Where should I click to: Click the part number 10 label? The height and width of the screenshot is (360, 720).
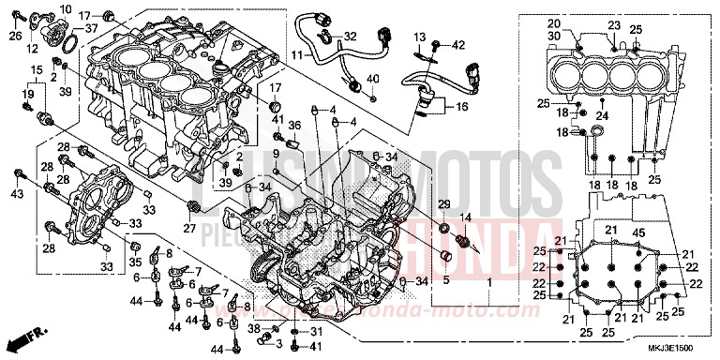click(65, 8)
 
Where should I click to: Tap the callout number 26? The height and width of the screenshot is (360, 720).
click(14, 37)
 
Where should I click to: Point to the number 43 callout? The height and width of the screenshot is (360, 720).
click(15, 193)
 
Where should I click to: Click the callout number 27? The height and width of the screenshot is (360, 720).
click(189, 227)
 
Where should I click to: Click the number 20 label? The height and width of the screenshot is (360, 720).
click(580, 23)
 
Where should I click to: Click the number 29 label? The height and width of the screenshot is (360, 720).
click(444, 204)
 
